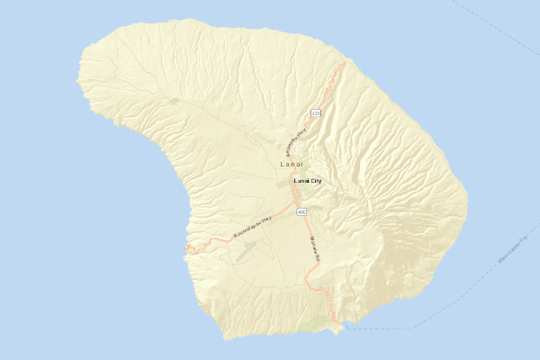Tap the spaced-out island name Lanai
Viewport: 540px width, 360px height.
point(292,165)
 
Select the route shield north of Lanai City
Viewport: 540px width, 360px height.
point(315,113)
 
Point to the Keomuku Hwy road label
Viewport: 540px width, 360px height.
point(296,139)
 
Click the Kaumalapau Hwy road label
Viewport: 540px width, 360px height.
point(253,227)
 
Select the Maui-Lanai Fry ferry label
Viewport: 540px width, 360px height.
point(511,251)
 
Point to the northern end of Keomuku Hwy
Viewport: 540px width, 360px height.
point(343,64)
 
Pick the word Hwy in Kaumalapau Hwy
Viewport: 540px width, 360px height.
point(267,219)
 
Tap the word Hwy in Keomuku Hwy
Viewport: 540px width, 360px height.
point(302,130)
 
